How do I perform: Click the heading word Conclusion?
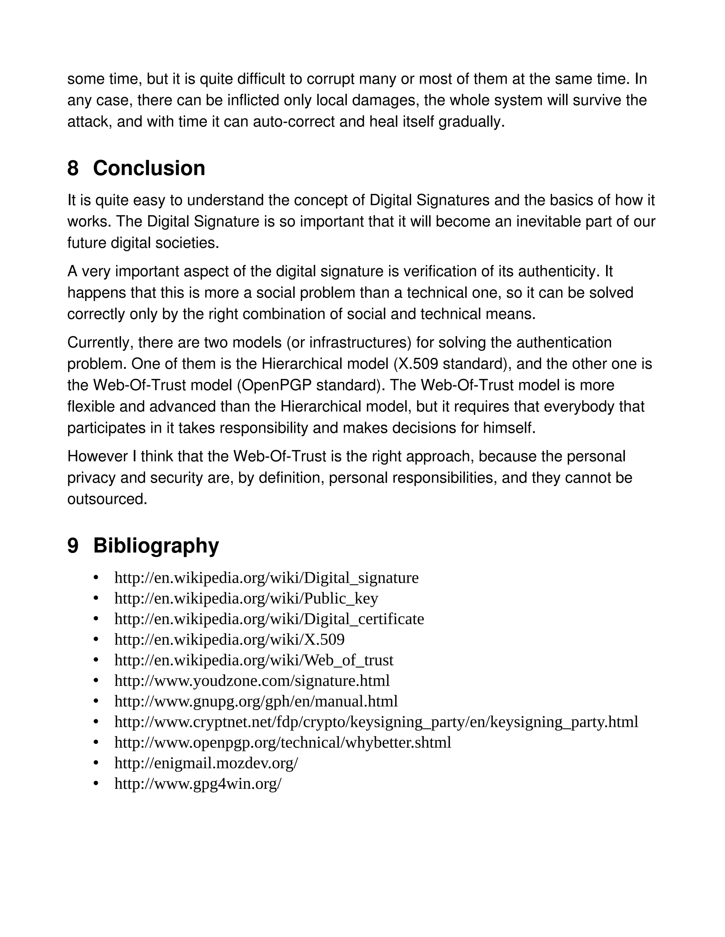(149, 168)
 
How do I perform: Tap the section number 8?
(73, 168)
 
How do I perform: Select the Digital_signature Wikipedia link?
(266, 578)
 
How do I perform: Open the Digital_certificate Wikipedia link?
(269, 619)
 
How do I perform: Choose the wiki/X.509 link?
(229, 639)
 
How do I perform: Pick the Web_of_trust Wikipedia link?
(253, 660)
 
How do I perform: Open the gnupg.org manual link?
(256, 701)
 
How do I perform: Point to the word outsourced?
(107, 499)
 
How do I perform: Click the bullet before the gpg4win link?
(96, 784)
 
